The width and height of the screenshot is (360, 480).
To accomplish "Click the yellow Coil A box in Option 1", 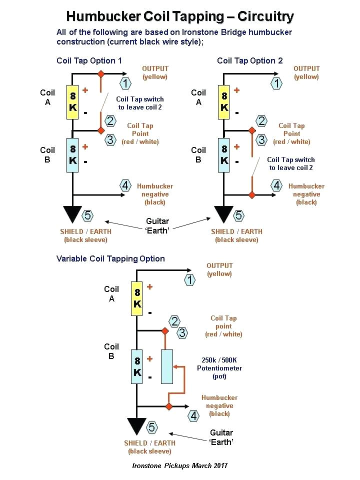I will (73, 102).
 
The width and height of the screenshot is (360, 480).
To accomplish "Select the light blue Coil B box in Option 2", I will (224, 155).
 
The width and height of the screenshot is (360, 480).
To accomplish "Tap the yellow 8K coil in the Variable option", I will (137, 298).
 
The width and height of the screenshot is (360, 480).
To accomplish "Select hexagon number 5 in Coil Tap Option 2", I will (239, 215).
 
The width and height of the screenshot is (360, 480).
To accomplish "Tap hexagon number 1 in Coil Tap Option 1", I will (125, 83).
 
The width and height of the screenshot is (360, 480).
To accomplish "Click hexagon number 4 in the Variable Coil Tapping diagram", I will (193, 415).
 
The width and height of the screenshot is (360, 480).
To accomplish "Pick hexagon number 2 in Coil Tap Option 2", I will (261, 120).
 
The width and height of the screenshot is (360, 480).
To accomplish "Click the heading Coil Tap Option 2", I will (249, 60).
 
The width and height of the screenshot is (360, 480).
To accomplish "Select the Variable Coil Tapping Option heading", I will (110, 258).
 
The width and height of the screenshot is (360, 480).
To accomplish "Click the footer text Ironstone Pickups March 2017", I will (180, 465).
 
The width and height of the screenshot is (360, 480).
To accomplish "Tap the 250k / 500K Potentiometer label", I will (219, 368).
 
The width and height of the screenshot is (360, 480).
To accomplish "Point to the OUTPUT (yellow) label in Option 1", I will (155, 72).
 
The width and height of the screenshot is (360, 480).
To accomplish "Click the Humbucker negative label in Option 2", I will (306, 194).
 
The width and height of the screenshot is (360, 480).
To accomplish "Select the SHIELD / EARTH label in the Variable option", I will (149, 446).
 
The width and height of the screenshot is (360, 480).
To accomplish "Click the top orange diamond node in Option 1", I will (100, 74).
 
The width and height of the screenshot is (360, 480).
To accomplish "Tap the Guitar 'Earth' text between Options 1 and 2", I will (157, 225).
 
